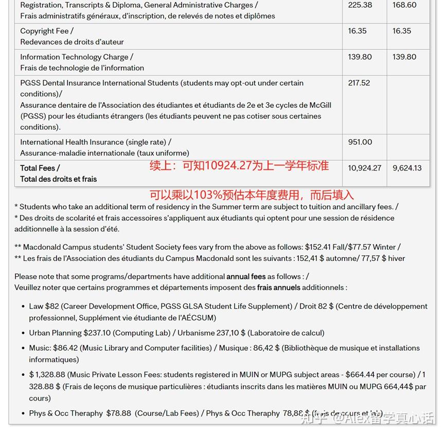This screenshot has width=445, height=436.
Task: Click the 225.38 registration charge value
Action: (360, 5)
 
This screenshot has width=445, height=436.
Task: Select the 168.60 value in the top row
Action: (404, 5)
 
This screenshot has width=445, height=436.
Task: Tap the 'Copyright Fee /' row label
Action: (47, 31)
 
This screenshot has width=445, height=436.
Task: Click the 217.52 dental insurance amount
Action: (359, 83)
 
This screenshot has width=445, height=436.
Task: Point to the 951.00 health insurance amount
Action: (360, 142)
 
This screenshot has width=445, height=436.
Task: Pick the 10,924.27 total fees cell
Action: (365, 168)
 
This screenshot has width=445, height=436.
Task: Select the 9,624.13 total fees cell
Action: (407, 168)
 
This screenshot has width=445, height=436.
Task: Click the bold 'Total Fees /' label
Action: (40, 168)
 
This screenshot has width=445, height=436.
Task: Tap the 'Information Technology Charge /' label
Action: (77, 57)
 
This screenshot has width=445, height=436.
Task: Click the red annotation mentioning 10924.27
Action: (239, 166)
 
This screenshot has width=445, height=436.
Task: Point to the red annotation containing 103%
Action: (252, 195)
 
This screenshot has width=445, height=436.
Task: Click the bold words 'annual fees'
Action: (246, 276)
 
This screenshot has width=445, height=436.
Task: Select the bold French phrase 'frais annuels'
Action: (278, 287)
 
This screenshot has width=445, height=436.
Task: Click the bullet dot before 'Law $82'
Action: (23, 307)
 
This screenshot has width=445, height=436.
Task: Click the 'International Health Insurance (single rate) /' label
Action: (96, 142)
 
